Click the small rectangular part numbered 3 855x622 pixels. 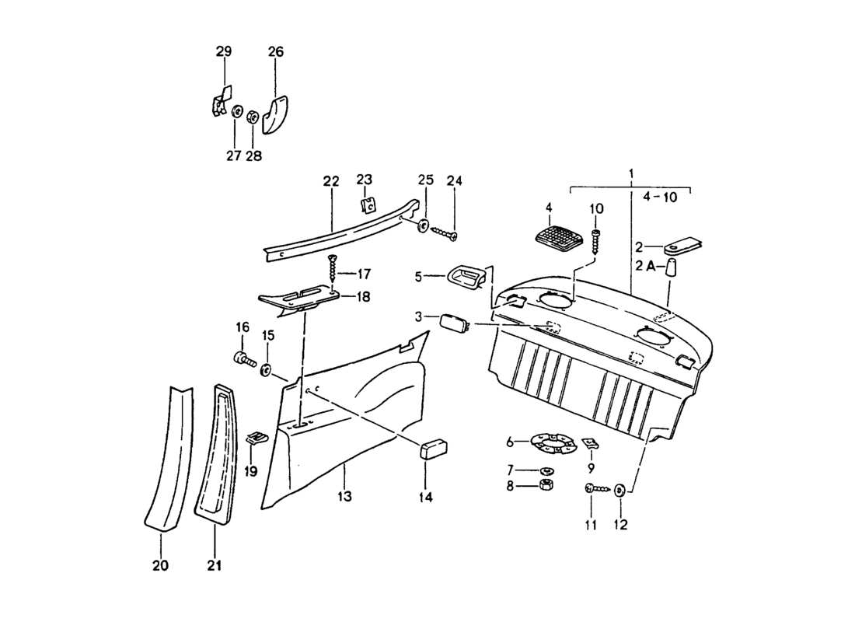tap(453, 322)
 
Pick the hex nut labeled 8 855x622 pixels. tap(546, 486)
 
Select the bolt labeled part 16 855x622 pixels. tap(244, 359)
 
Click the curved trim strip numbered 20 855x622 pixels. tap(168, 459)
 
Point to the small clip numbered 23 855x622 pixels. tap(369, 205)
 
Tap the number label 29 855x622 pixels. tap(224, 52)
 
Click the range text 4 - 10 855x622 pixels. tap(661, 197)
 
